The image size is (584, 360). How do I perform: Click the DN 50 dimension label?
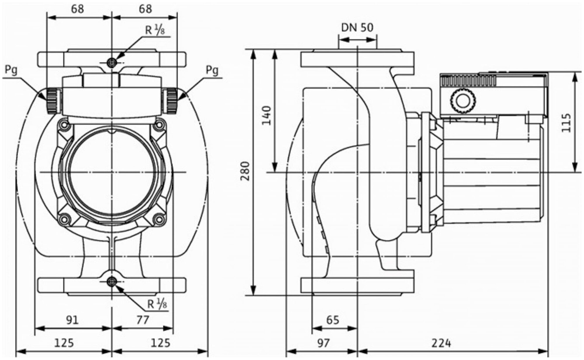point(357,28)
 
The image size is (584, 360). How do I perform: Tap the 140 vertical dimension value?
point(266,115)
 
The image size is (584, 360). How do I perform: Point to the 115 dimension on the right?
point(566,123)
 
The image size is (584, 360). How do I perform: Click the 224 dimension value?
point(441,343)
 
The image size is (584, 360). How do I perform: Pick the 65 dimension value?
point(333,320)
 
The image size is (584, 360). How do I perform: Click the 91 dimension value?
point(72,320)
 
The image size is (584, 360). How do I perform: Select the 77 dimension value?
point(143,320)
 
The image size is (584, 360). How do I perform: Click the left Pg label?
point(11,70)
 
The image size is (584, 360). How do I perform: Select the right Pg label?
point(212,70)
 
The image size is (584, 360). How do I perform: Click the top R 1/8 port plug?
point(112,62)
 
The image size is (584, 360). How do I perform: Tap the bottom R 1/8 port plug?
point(112,281)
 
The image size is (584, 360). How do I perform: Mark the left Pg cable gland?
point(53,101)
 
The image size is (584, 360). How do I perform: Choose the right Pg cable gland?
point(172,101)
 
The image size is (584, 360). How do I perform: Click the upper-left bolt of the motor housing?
point(64,125)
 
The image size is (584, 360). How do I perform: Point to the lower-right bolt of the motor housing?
point(159,219)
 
